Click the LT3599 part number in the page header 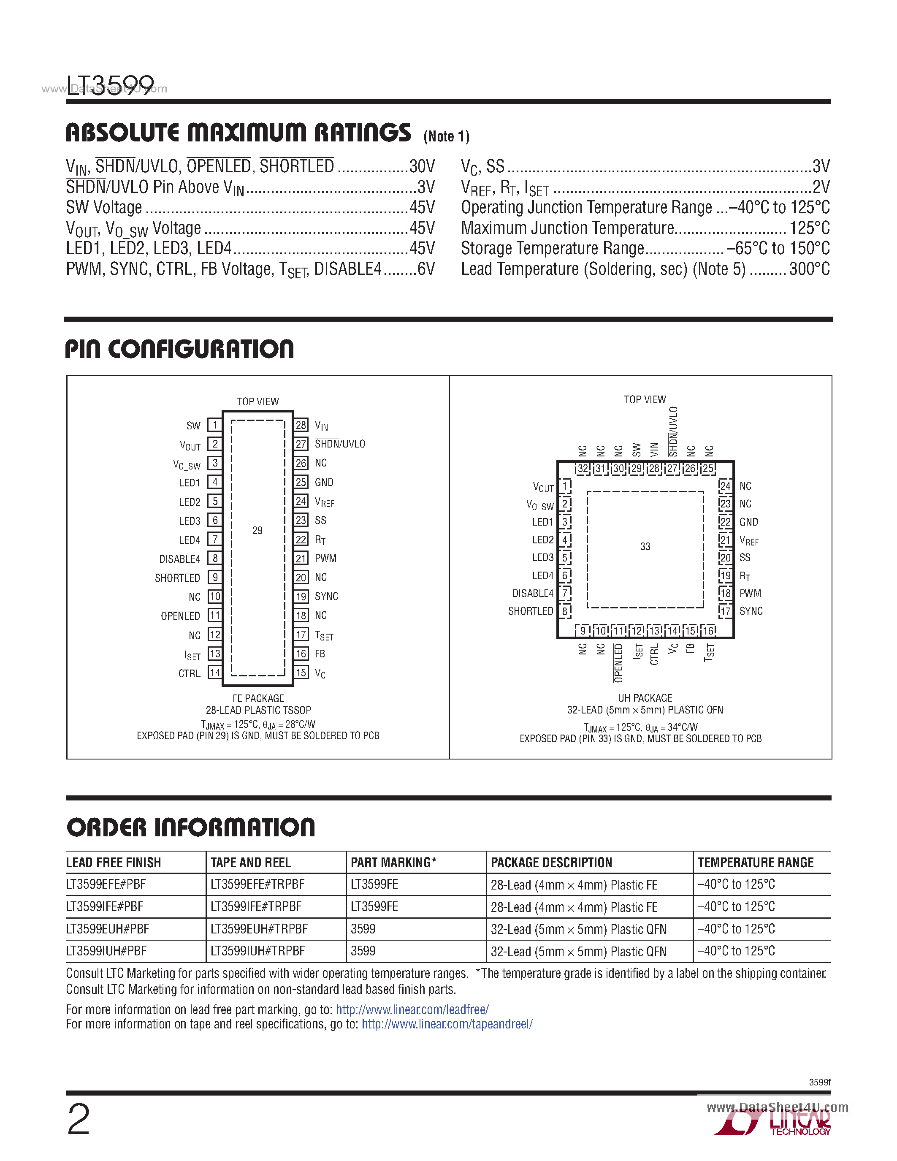point(110,84)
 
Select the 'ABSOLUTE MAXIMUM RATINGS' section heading point(238,133)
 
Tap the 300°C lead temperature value point(809,269)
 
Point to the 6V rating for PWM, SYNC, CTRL point(425,269)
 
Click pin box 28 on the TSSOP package point(301,425)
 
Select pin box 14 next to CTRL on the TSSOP point(215,673)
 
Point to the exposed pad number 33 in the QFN point(645,546)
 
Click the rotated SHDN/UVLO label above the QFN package point(673,431)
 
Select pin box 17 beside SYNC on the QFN point(725,611)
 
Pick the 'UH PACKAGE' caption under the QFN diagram point(645,698)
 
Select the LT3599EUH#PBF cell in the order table point(107,929)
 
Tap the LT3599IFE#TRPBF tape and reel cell point(256,906)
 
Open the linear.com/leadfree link point(412,1009)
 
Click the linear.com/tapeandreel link point(447,1024)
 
